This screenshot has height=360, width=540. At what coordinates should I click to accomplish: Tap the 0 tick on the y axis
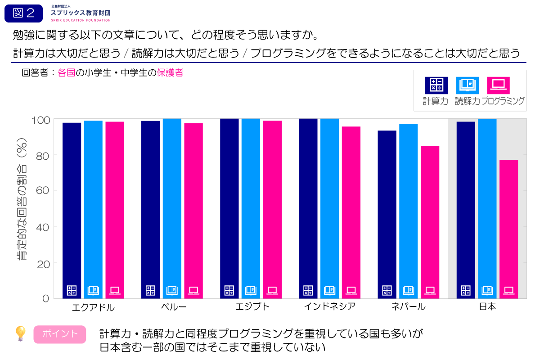point(45,298)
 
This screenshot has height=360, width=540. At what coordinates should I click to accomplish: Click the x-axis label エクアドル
point(93,308)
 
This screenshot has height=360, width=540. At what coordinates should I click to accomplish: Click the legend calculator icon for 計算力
point(436,85)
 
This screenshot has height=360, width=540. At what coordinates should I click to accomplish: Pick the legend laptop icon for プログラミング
point(498,85)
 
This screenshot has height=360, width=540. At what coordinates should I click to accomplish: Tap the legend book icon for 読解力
point(468,85)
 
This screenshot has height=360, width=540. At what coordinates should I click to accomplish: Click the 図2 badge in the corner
point(23,13)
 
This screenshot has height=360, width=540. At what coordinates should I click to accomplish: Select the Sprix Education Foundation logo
point(81,13)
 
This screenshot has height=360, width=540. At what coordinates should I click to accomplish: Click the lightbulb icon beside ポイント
point(20,334)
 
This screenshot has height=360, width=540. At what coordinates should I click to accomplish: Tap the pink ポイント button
point(59,334)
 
